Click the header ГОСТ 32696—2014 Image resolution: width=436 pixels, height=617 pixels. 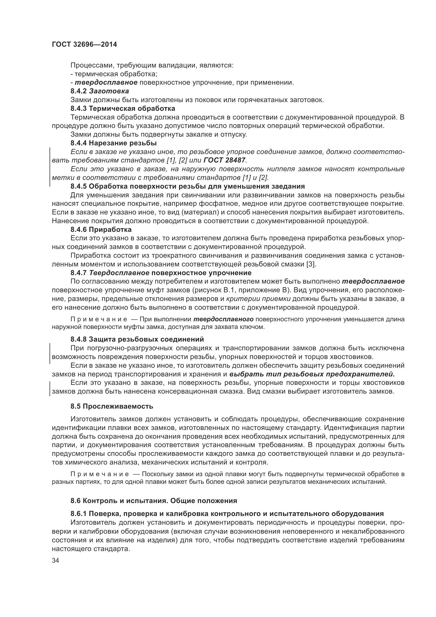click(84, 44)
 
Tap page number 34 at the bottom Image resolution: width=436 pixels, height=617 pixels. click(56, 561)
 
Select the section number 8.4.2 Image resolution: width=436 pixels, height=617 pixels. click(79, 91)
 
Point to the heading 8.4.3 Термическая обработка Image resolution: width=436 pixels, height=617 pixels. click(123, 109)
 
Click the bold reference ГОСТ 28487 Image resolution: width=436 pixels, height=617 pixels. click(225, 160)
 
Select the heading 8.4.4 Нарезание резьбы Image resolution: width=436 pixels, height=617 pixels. click(114, 143)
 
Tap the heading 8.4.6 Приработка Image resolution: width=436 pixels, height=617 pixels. click(101, 229)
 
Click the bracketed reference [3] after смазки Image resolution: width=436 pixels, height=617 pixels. click(311, 264)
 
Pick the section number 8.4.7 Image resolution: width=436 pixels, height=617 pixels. click(79, 273)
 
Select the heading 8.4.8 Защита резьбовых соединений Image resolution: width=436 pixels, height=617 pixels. click(137, 339)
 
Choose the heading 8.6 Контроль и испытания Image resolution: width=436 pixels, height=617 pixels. click(154, 501)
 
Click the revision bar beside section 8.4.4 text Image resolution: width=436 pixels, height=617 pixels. click(50, 167)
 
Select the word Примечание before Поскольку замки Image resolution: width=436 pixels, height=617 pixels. click(99, 474)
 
